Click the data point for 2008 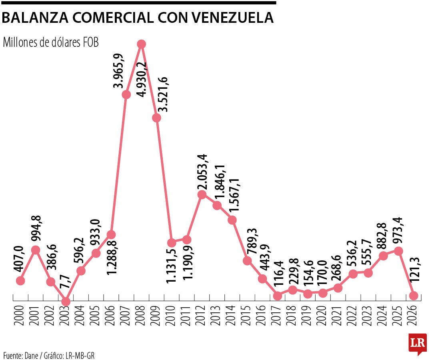[x=141, y=44]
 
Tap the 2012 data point [x=202, y=194]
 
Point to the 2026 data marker [x=414, y=296]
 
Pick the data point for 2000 [x=21, y=281]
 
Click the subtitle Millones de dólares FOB [x=50, y=42]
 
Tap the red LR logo [x=417, y=344]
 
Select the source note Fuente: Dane [x=22, y=355]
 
